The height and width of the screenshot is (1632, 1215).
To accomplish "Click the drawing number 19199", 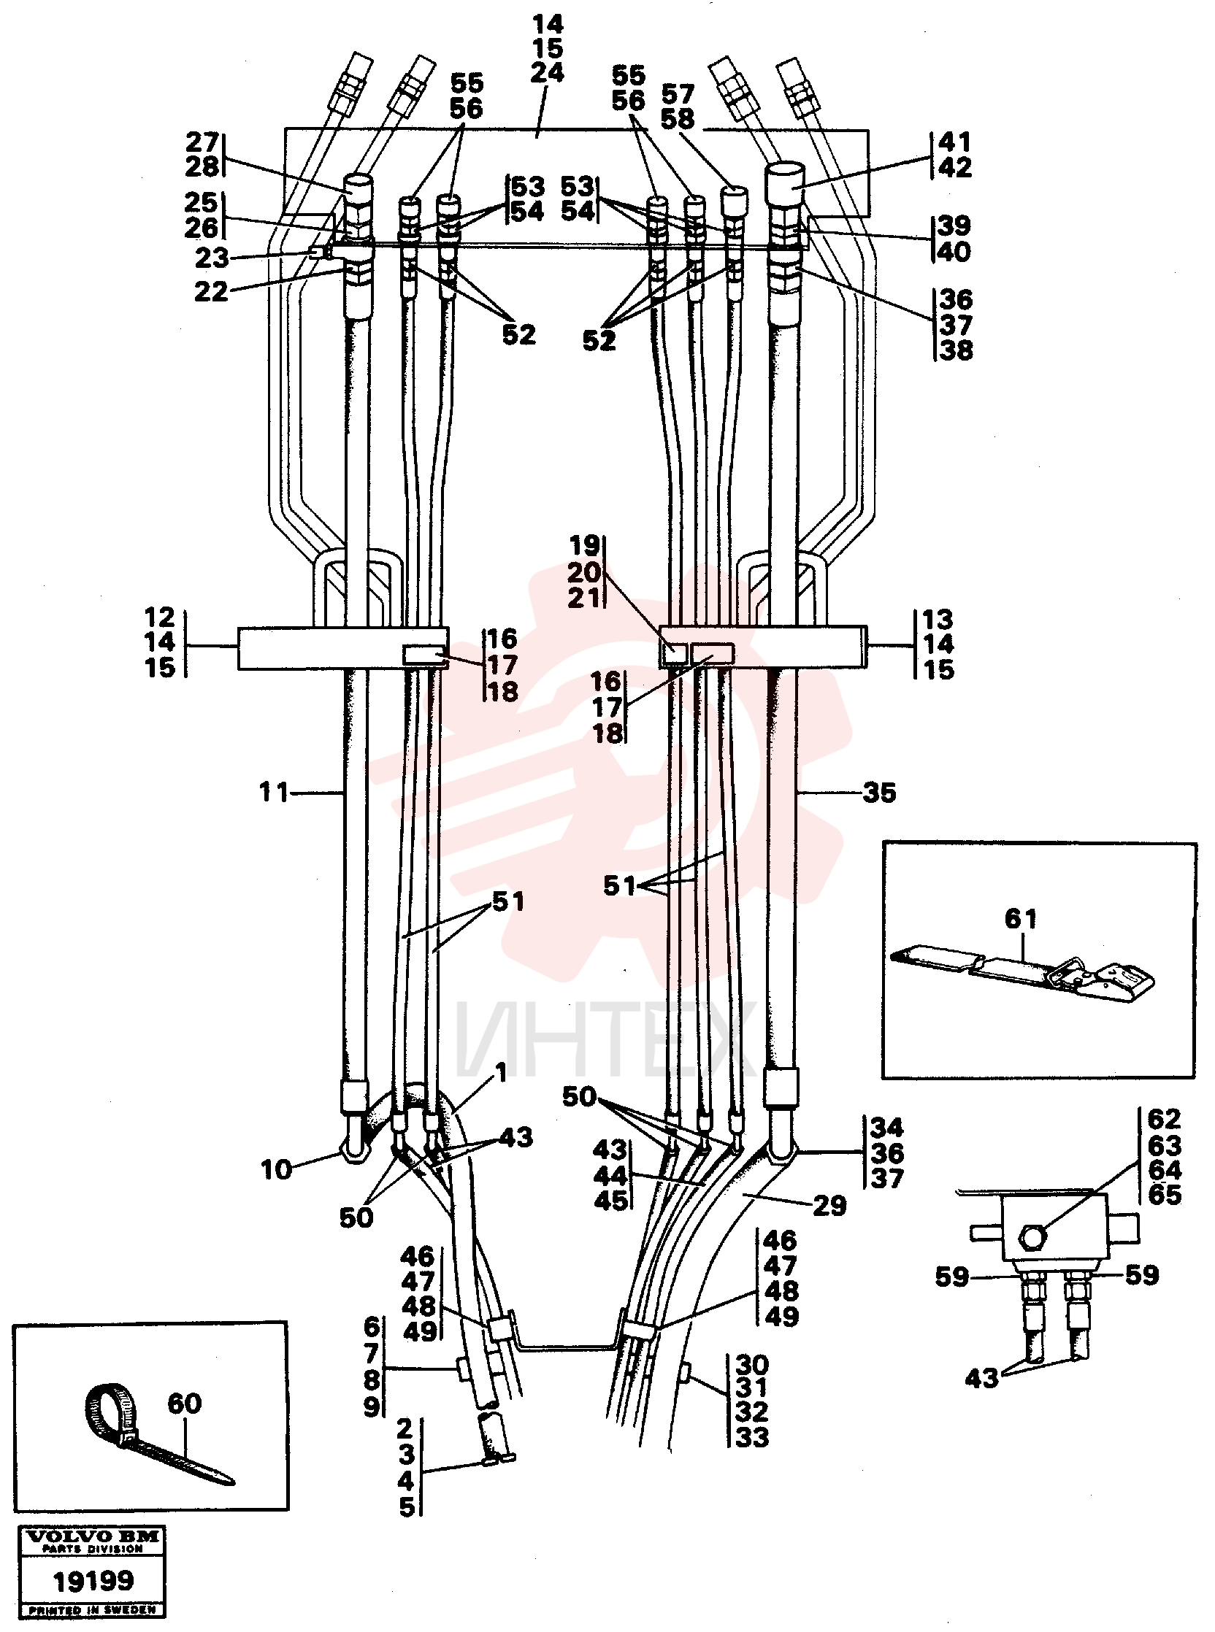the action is (93, 1580).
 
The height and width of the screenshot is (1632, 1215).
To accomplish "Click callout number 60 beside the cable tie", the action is (184, 1404).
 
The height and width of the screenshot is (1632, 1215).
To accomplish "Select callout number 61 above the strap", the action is (1021, 918).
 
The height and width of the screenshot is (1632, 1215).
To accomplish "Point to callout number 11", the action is (274, 793).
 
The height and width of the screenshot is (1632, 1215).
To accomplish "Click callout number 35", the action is (880, 793).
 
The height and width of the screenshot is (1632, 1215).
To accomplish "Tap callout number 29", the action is (829, 1206).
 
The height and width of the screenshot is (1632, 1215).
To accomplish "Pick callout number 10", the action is (276, 1169).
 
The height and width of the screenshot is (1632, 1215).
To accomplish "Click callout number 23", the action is (212, 258).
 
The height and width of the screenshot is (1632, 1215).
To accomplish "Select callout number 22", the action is (211, 292).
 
